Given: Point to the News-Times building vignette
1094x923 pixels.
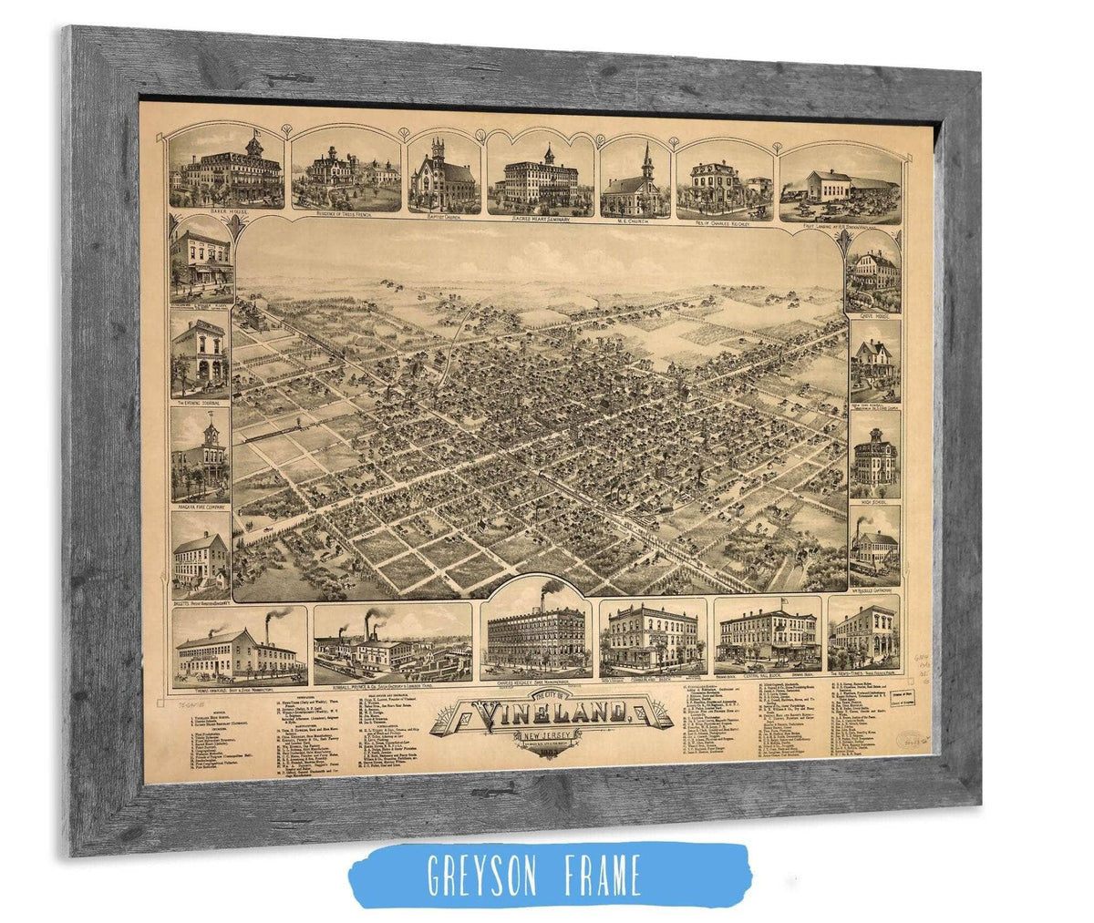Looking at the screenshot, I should coord(862,633).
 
